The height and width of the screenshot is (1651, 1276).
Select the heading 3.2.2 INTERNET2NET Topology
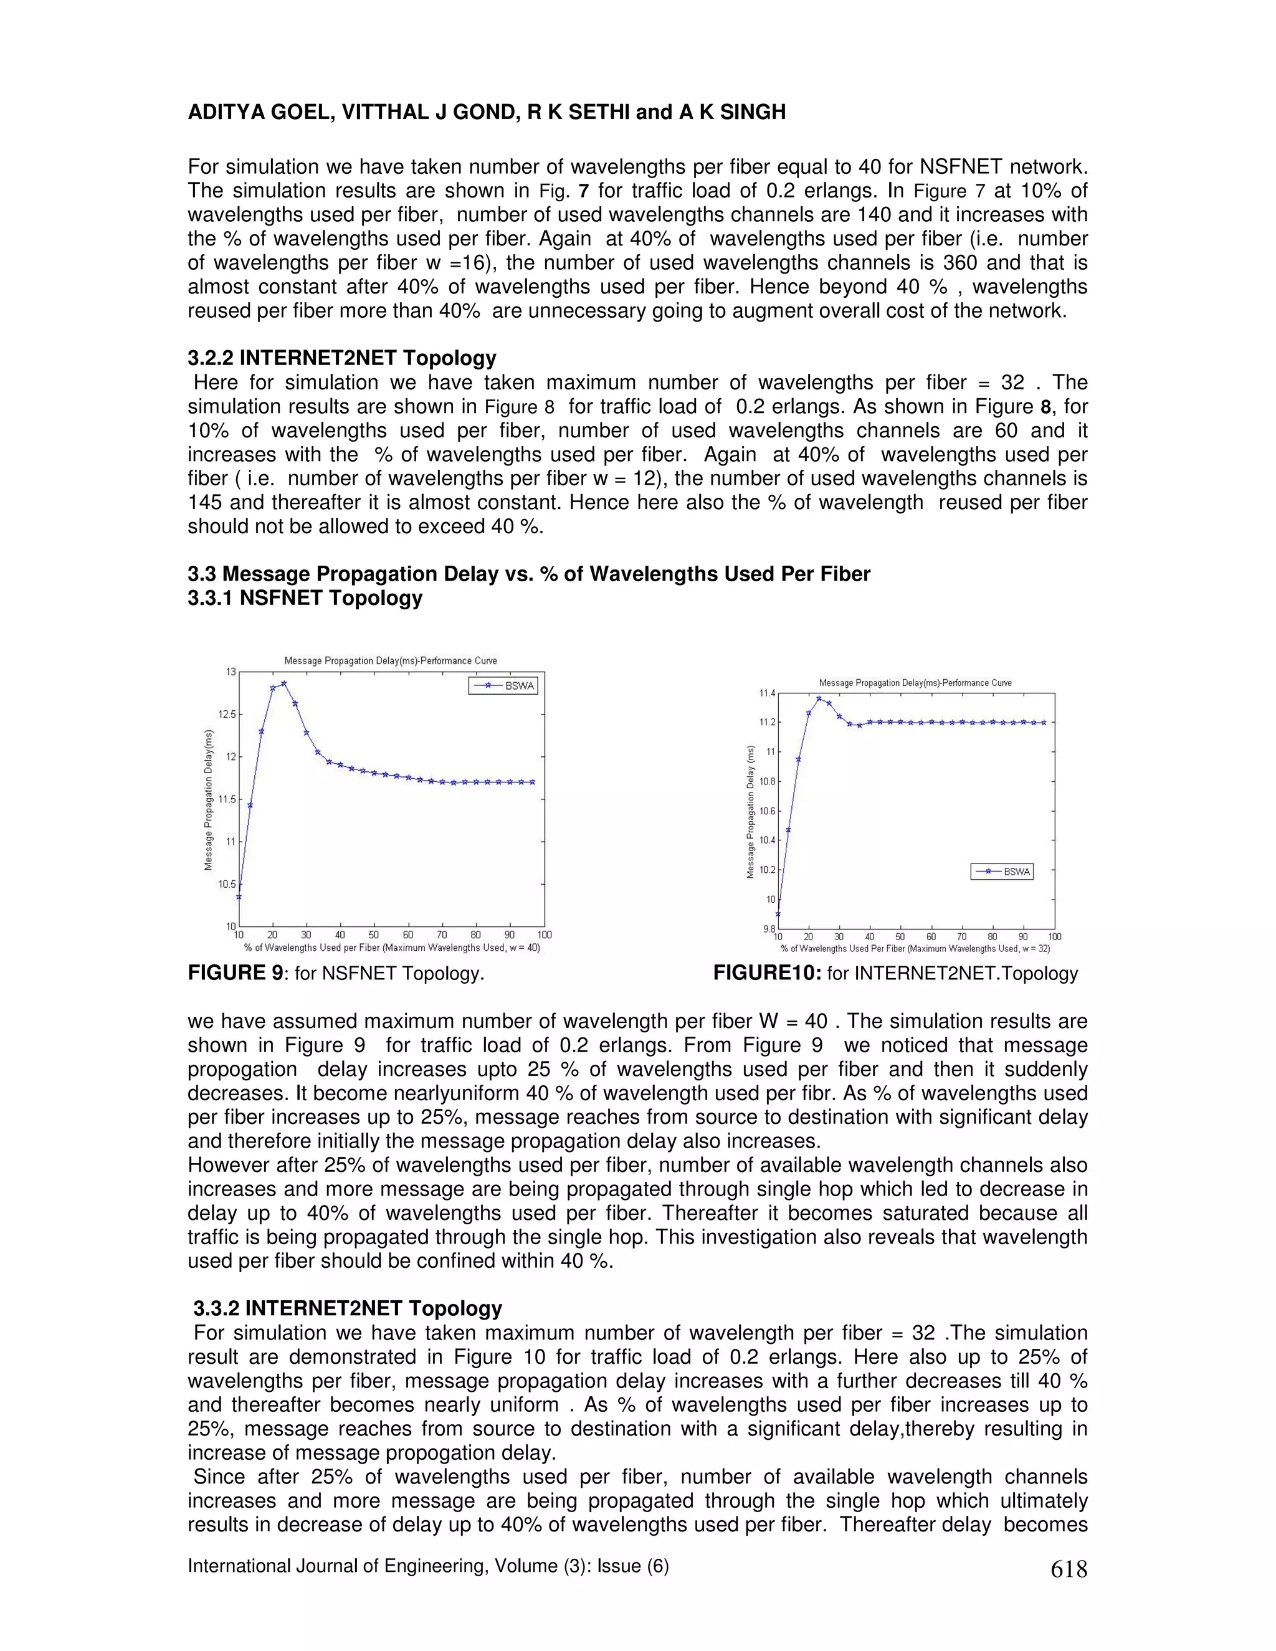point(341,358)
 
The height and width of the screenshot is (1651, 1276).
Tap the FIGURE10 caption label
point(766,973)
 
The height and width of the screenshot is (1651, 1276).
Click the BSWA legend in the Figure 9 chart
point(503,687)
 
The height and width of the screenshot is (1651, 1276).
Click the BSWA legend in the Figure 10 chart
point(1002,872)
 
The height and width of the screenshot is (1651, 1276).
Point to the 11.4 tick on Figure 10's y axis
point(766,693)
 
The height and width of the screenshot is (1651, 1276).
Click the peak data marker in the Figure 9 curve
point(283,683)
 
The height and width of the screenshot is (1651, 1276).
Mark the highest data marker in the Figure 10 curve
point(819,698)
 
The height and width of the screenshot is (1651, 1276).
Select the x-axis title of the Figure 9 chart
point(391,947)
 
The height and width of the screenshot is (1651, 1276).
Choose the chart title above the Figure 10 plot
point(915,683)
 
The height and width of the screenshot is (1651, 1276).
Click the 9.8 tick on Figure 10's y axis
point(768,928)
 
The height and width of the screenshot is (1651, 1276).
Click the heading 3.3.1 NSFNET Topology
point(305,598)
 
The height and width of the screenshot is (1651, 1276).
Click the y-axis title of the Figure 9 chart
point(209,799)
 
